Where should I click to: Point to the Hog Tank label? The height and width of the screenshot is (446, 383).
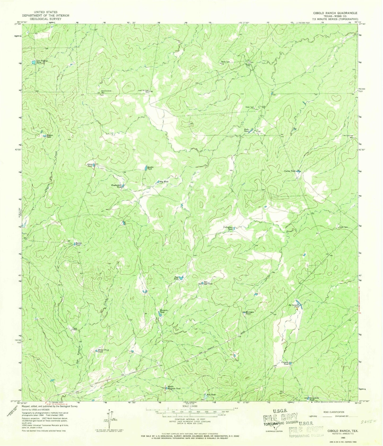tap(164, 182)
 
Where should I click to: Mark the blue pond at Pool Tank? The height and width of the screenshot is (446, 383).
tap(181, 278)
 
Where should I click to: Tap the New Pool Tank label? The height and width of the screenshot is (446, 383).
tap(208, 283)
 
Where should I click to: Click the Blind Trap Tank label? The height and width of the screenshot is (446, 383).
tap(103, 351)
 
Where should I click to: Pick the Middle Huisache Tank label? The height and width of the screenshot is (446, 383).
tap(174, 388)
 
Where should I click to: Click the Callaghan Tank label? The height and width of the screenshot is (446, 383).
tap(228, 228)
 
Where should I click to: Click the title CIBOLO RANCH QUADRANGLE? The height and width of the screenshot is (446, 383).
tap(335, 13)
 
